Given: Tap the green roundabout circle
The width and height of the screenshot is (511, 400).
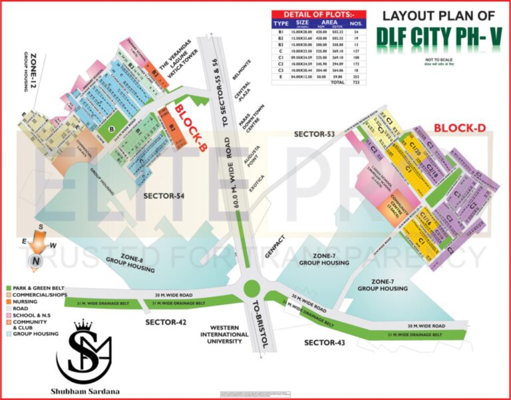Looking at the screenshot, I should tap(252, 289).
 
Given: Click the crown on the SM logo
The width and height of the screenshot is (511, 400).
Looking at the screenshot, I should tap(83, 325).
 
